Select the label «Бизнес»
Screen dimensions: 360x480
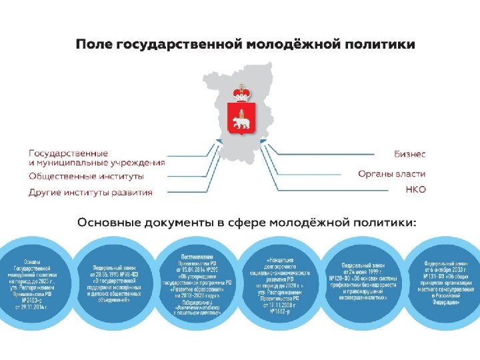(409, 154)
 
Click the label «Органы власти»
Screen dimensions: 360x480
(391, 174)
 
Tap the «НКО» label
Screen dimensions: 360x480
(415, 190)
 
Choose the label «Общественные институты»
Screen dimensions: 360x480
(86, 177)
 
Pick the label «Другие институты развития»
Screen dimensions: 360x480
(90, 193)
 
